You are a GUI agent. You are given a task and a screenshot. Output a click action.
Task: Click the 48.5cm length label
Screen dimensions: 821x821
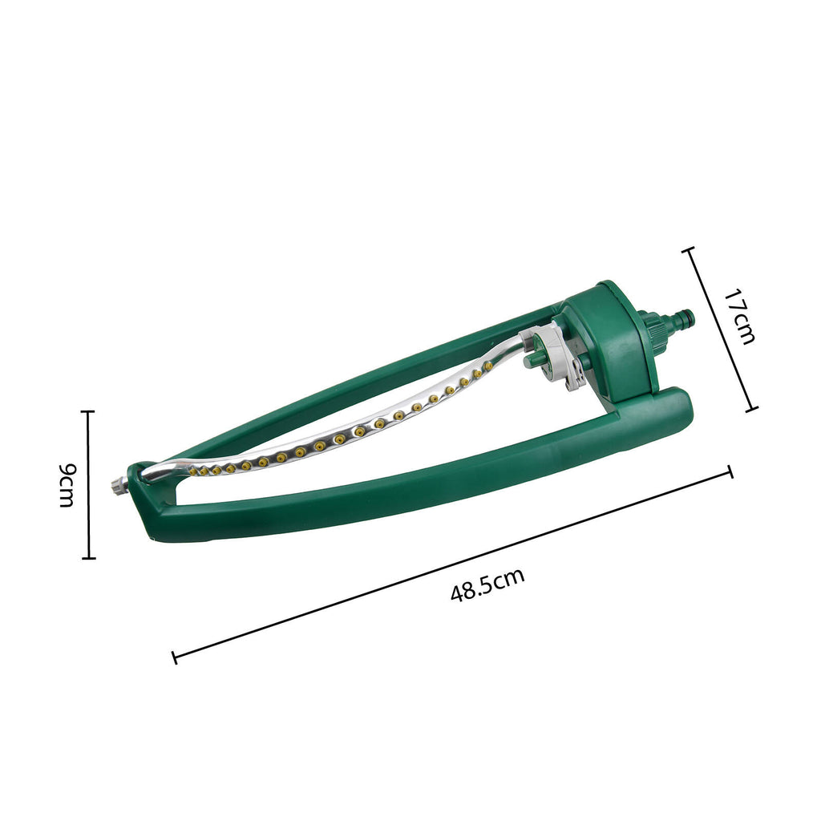pyautogui.click(x=487, y=584)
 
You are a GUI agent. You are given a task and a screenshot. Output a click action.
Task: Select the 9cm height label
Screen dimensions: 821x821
pyautogui.click(x=67, y=485)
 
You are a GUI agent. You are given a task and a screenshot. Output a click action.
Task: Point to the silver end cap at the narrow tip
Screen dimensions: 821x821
pyautogui.click(x=119, y=485)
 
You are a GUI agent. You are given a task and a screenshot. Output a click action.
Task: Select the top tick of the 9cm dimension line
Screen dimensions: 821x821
pyautogui.click(x=88, y=411)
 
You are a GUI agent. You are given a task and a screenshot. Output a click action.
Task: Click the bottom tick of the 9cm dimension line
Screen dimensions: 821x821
pyautogui.click(x=88, y=558)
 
